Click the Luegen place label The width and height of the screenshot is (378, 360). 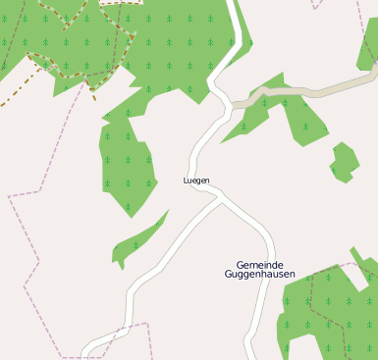click(x=196, y=180)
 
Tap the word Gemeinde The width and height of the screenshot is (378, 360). click(x=259, y=265)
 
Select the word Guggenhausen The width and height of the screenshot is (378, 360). click(x=259, y=276)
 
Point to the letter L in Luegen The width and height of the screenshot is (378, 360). click(x=186, y=180)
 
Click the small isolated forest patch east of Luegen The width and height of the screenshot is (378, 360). click(x=344, y=162)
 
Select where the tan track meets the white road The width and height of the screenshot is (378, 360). click(x=234, y=104)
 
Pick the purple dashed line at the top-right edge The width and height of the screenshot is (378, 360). click(x=316, y=5)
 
